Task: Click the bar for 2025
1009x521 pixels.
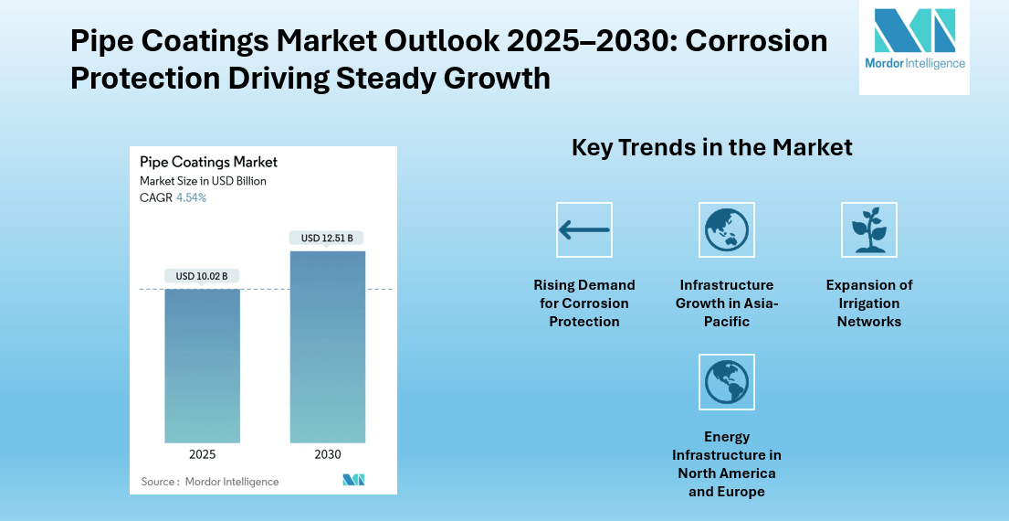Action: click(x=202, y=366)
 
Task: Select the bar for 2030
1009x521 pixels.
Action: click(x=327, y=347)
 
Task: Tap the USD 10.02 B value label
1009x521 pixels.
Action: click(x=202, y=275)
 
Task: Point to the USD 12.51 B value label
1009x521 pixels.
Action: click(x=327, y=238)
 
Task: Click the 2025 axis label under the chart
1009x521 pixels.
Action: click(x=202, y=454)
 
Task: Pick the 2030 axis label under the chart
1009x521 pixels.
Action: click(x=327, y=454)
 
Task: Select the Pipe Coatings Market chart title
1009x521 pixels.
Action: click(x=208, y=162)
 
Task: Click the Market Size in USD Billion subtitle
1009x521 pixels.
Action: click(x=203, y=181)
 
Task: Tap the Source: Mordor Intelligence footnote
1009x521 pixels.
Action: click(x=210, y=481)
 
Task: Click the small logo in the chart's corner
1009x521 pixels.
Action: click(x=353, y=480)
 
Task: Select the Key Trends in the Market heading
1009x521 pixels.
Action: click(x=711, y=147)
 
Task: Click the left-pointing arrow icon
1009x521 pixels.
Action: click(x=584, y=229)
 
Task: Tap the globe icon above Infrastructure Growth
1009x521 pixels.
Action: click(x=726, y=229)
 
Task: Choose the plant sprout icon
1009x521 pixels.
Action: click(x=868, y=229)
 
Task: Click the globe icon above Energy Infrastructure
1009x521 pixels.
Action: click(x=726, y=382)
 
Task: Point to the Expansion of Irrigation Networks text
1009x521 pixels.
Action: click(x=868, y=303)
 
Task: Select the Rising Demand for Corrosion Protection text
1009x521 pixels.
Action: click(x=584, y=303)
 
